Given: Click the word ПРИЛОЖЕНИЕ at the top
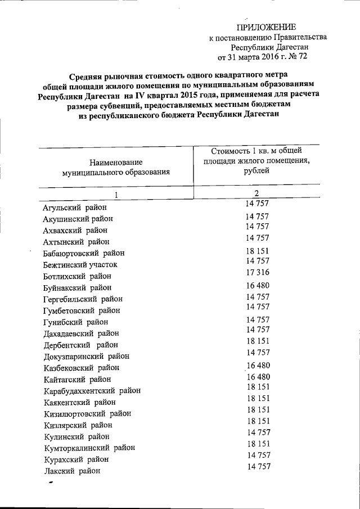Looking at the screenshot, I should coord(265,27).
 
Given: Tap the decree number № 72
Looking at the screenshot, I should coord(296,57).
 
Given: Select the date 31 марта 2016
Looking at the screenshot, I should coord(255,57).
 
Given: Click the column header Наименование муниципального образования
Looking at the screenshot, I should coord(116,167).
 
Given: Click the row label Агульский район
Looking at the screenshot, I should coord(73,208).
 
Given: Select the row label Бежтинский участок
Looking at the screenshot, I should coord(80,265).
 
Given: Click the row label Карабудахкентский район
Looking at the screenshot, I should coord(92,390).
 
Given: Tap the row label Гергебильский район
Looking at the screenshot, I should coord(83,299).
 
